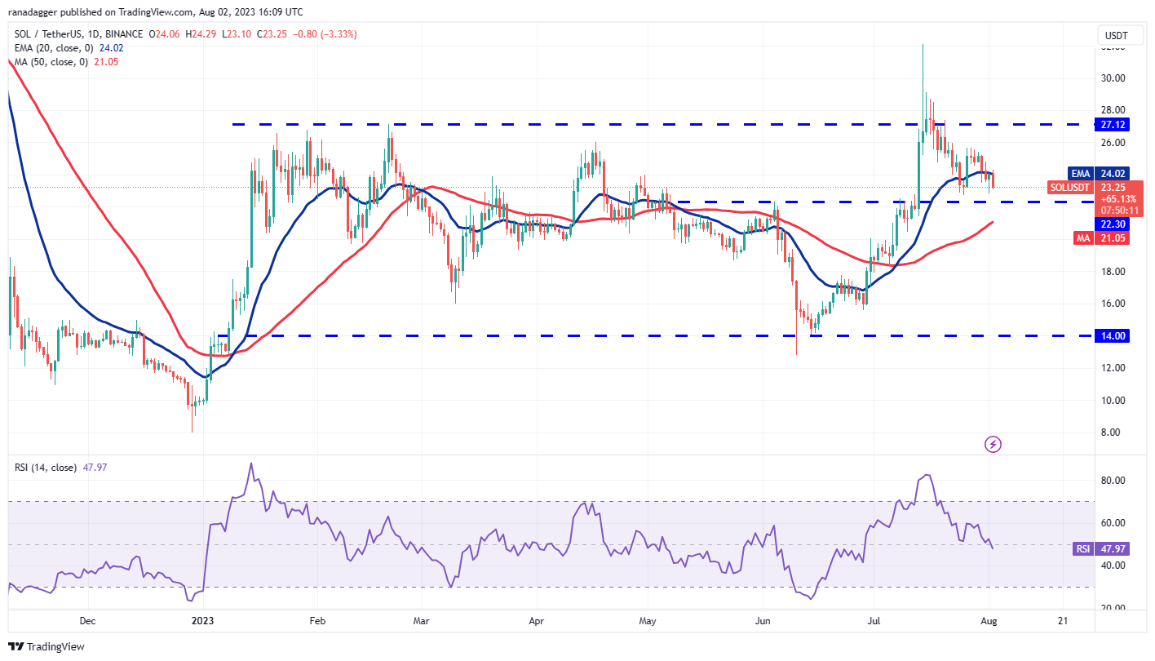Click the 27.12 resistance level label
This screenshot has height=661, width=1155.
pyautogui.click(x=1113, y=124)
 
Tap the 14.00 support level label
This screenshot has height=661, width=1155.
pyautogui.click(x=1113, y=335)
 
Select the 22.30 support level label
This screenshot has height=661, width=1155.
pyautogui.click(x=1113, y=224)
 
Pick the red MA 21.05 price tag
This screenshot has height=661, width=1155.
pyautogui.click(x=1113, y=237)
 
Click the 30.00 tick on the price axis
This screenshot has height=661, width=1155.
pyautogui.click(x=1113, y=78)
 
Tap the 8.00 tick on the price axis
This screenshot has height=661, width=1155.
pyautogui.click(x=1113, y=433)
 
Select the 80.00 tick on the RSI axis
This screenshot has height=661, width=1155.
pyautogui.click(x=1113, y=481)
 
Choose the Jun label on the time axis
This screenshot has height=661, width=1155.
pyautogui.click(x=763, y=621)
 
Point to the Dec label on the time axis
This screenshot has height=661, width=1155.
pyautogui.click(x=88, y=621)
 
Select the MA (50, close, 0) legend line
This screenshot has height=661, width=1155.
pyautogui.click(x=64, y=62)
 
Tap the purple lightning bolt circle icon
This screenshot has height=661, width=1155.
pyautogui.click(x=993, y=445)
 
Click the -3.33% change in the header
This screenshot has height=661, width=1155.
pyautogui.click(x=339, y=34)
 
